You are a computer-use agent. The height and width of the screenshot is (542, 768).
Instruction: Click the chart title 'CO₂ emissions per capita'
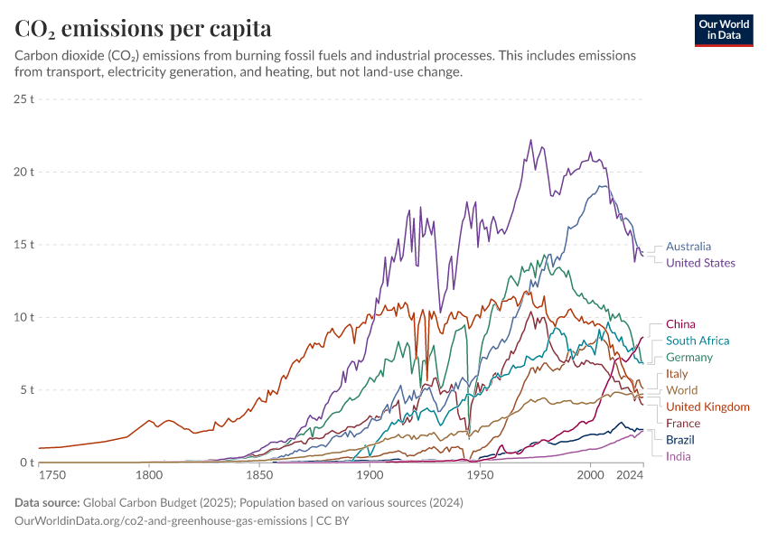point(143,28)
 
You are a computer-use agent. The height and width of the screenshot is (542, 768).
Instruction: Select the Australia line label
point(688,246)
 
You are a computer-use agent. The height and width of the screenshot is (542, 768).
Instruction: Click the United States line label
point(700,263)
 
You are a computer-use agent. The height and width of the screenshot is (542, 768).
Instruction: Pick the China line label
point(680,323)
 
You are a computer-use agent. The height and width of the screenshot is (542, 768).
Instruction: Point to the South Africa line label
point(697,341)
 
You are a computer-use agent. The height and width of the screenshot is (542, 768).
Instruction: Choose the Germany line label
point(689,358)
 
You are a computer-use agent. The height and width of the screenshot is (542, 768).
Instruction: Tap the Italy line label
point(677,374)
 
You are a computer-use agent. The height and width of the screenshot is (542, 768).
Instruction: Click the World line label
point(681,390)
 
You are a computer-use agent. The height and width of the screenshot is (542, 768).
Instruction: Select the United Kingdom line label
point(707,406)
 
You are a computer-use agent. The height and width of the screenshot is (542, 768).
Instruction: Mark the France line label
point(683,423)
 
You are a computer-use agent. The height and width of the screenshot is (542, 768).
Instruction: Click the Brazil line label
point(680,440)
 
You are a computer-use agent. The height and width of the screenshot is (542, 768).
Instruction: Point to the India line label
point(678,456)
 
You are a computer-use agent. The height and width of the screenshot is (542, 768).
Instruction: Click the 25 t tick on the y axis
point(24,98)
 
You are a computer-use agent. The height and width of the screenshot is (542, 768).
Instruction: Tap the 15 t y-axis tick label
point(24,244)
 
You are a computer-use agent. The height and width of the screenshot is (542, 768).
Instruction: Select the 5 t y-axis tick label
point(27,390)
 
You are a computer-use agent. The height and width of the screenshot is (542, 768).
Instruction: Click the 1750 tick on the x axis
point(52,475)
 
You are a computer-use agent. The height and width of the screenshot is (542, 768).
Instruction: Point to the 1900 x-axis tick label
point(370,475)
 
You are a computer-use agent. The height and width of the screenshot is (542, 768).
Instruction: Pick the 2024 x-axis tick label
point(629,475)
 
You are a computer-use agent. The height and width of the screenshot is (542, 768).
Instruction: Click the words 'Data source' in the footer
point(45,503)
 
